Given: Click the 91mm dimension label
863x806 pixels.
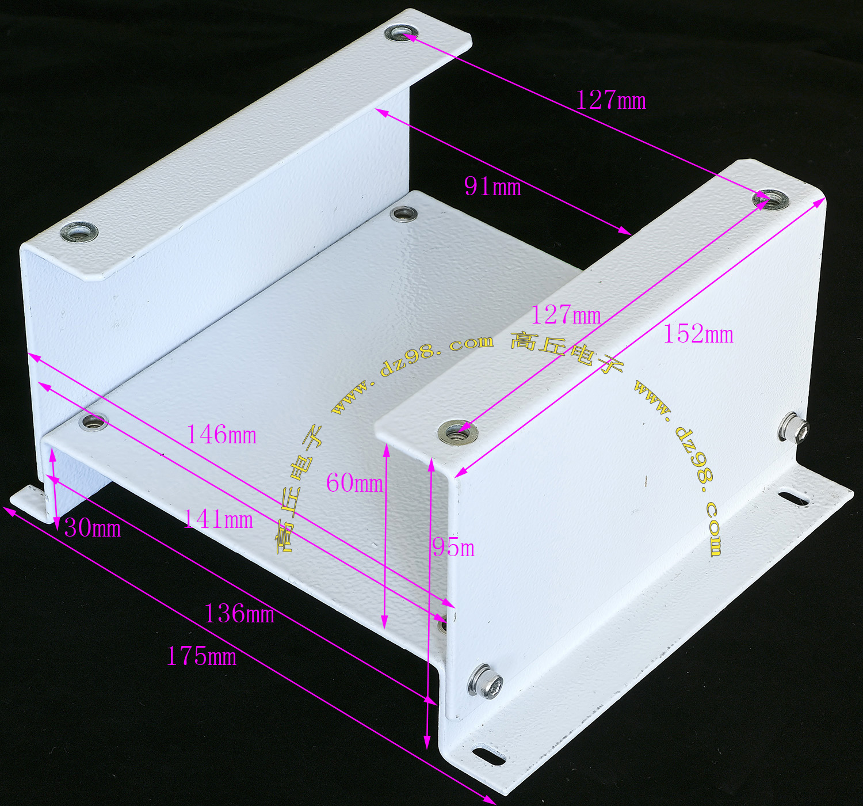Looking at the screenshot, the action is (492, 188).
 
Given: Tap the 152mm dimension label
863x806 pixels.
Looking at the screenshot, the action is (698, 335).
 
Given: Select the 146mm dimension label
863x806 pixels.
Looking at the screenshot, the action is (222, 435).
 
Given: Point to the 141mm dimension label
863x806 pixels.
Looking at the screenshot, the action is (218, 519).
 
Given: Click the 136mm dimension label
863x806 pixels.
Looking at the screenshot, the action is (239, 614).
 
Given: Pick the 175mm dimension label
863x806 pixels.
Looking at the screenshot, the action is (201, 657).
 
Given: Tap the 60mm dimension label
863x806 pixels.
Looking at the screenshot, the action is (354, 483).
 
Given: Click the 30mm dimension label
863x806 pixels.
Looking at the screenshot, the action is (93, 529).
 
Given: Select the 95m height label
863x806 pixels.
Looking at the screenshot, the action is (453, 549).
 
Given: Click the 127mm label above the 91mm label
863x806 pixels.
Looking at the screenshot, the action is (610, 101).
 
